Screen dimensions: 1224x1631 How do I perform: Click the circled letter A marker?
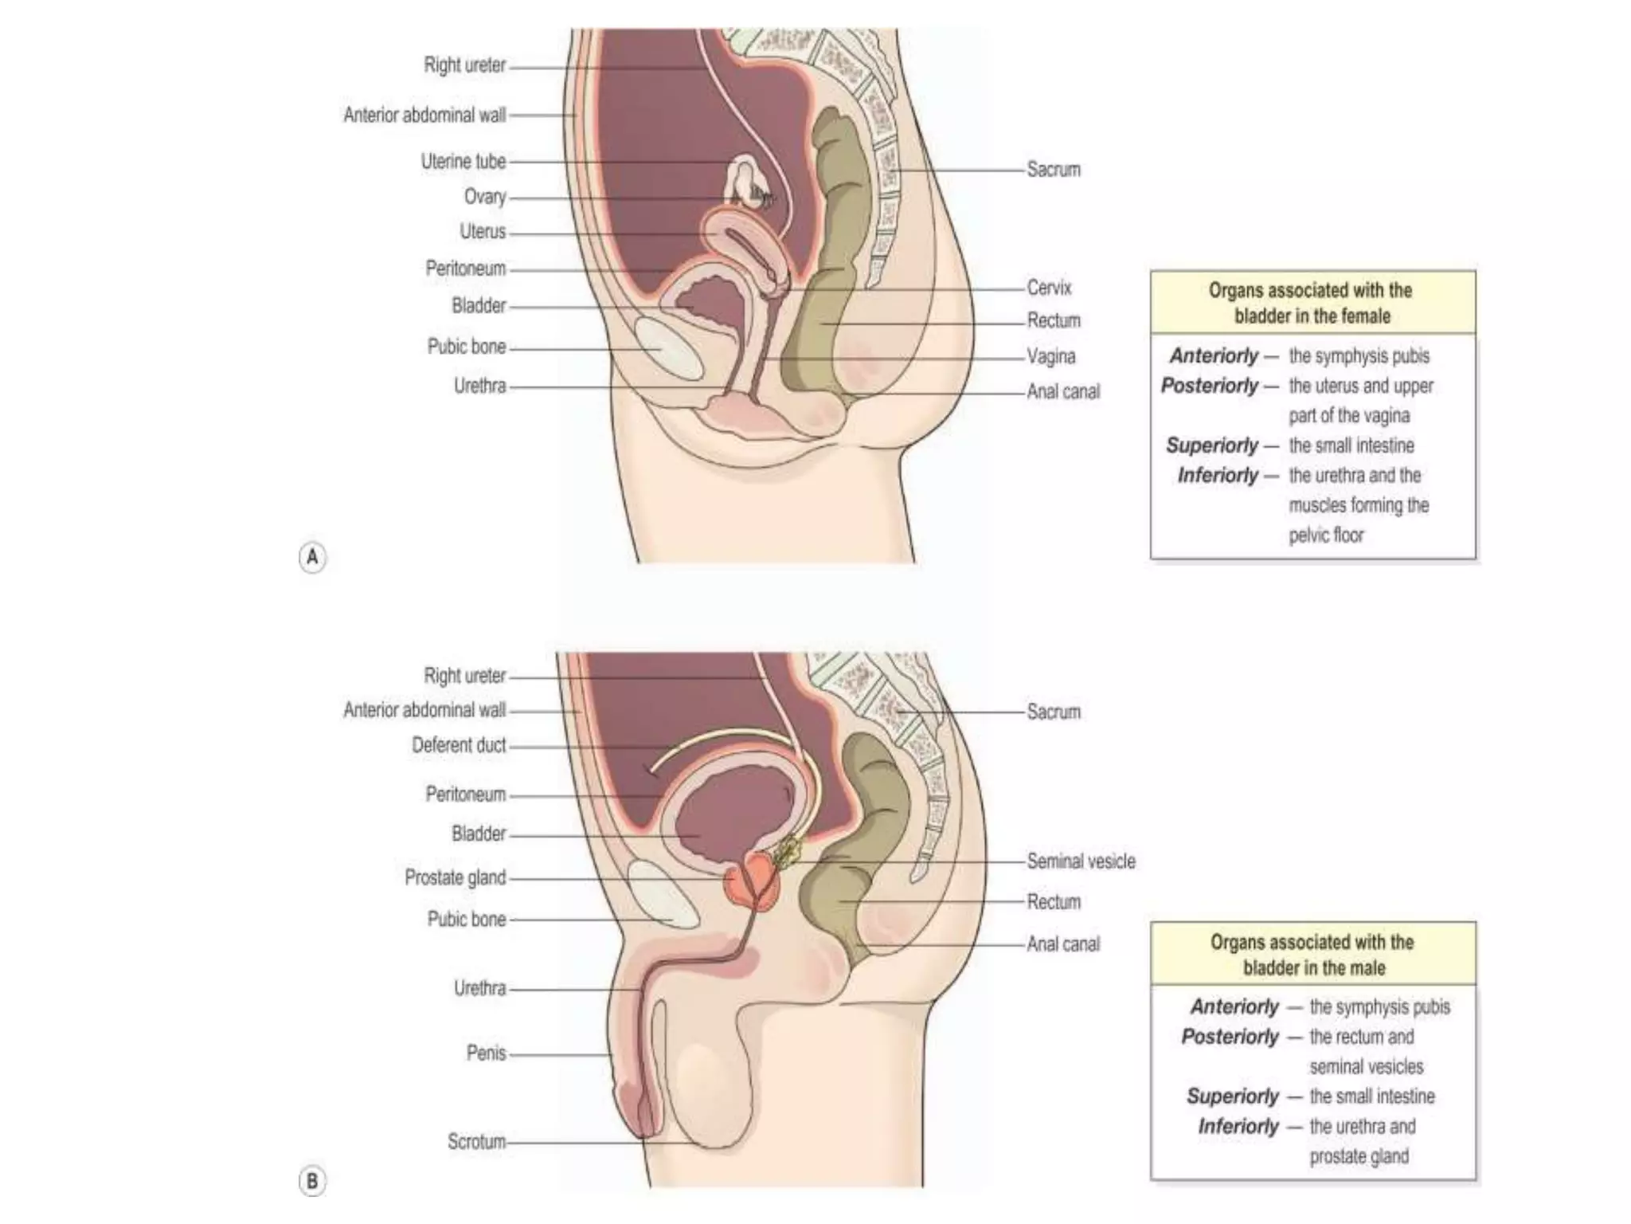[312, 556]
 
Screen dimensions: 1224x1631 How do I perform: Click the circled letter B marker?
[312, 1180]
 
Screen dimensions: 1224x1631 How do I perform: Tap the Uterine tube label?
[463, 162]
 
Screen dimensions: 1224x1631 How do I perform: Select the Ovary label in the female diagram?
[484, 197]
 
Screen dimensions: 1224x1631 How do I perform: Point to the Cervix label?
[1049, 288]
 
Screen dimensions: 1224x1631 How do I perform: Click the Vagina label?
[1050, 356]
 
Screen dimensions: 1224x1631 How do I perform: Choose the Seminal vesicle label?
[1081, 861]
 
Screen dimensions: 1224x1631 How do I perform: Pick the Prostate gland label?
[455, 877]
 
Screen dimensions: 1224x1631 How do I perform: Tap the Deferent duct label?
[459, 745]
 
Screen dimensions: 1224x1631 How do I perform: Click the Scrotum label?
[476, 1142]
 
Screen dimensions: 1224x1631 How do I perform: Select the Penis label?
[486, 1053]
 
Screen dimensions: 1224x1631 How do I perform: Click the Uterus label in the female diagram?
[482, 232]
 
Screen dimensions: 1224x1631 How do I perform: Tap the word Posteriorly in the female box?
[1209, 386]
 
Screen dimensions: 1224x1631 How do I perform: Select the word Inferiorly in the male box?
[1238, 1127]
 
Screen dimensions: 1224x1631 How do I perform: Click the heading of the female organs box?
[1312, 303]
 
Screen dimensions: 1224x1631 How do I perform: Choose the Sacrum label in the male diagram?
[1053, 712]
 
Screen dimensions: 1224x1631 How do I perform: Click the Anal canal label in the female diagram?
[1063, 391]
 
